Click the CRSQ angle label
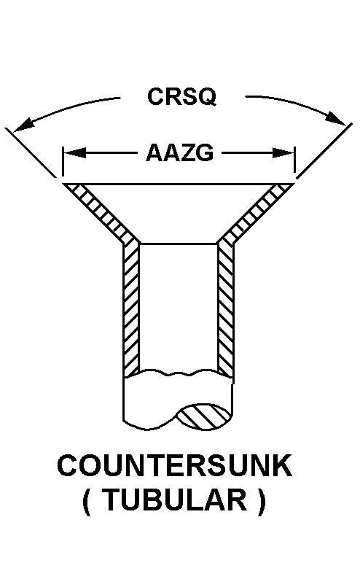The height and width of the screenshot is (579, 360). tap(182, 96)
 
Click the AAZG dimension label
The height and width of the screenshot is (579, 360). tap(179, 152)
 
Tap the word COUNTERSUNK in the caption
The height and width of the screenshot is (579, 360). tap(175, 466)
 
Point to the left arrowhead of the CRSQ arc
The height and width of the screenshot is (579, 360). tap(23, 125)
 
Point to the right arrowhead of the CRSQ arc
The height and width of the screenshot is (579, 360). tap(337, 118)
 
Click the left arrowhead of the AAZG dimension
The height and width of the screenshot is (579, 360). tap(75, 152)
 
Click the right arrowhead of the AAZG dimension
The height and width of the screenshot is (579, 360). tap(283, 152)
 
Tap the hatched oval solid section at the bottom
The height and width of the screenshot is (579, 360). tap(203, 417)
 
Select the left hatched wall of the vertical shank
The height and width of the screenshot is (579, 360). tap(131, 309)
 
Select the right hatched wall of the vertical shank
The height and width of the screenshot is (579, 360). tap(225, 309)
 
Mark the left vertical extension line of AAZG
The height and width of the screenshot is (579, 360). tap(63, 161)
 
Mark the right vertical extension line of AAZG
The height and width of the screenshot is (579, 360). tap(294, 160)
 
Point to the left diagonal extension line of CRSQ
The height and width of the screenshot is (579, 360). tap(31, 152)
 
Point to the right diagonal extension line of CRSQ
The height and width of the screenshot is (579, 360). tap(324, 151)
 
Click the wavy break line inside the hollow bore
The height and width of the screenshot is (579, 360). tap(179, 373)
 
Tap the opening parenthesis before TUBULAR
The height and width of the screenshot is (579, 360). tap(87, 502)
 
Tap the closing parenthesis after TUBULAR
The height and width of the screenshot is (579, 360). tap(262, 502)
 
